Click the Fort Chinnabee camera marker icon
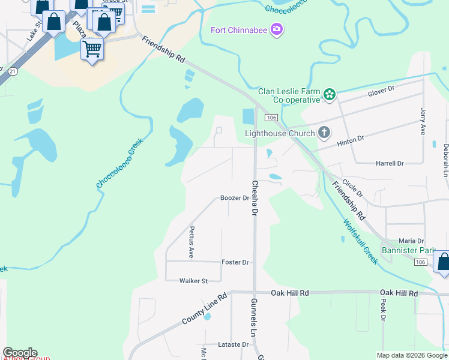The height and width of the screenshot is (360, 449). (276, 29)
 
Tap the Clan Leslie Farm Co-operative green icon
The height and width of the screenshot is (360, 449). (329, 94)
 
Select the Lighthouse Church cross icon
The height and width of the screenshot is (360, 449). (324, 133)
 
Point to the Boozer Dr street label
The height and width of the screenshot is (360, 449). (234, 197)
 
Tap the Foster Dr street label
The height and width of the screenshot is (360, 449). (235, 262)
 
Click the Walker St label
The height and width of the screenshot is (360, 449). (193, 280)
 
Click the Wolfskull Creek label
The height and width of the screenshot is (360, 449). (361, 241)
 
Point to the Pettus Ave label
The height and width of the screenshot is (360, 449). (191, 242)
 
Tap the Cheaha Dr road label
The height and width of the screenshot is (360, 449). (255, 199)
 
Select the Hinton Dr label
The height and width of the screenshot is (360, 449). (351, 139)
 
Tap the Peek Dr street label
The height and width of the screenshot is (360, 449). (382, 310)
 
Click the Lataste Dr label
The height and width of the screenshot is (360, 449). (233, 344)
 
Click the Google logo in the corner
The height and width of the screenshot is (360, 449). (20, 353)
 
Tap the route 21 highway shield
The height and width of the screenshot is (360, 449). (12, 71)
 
